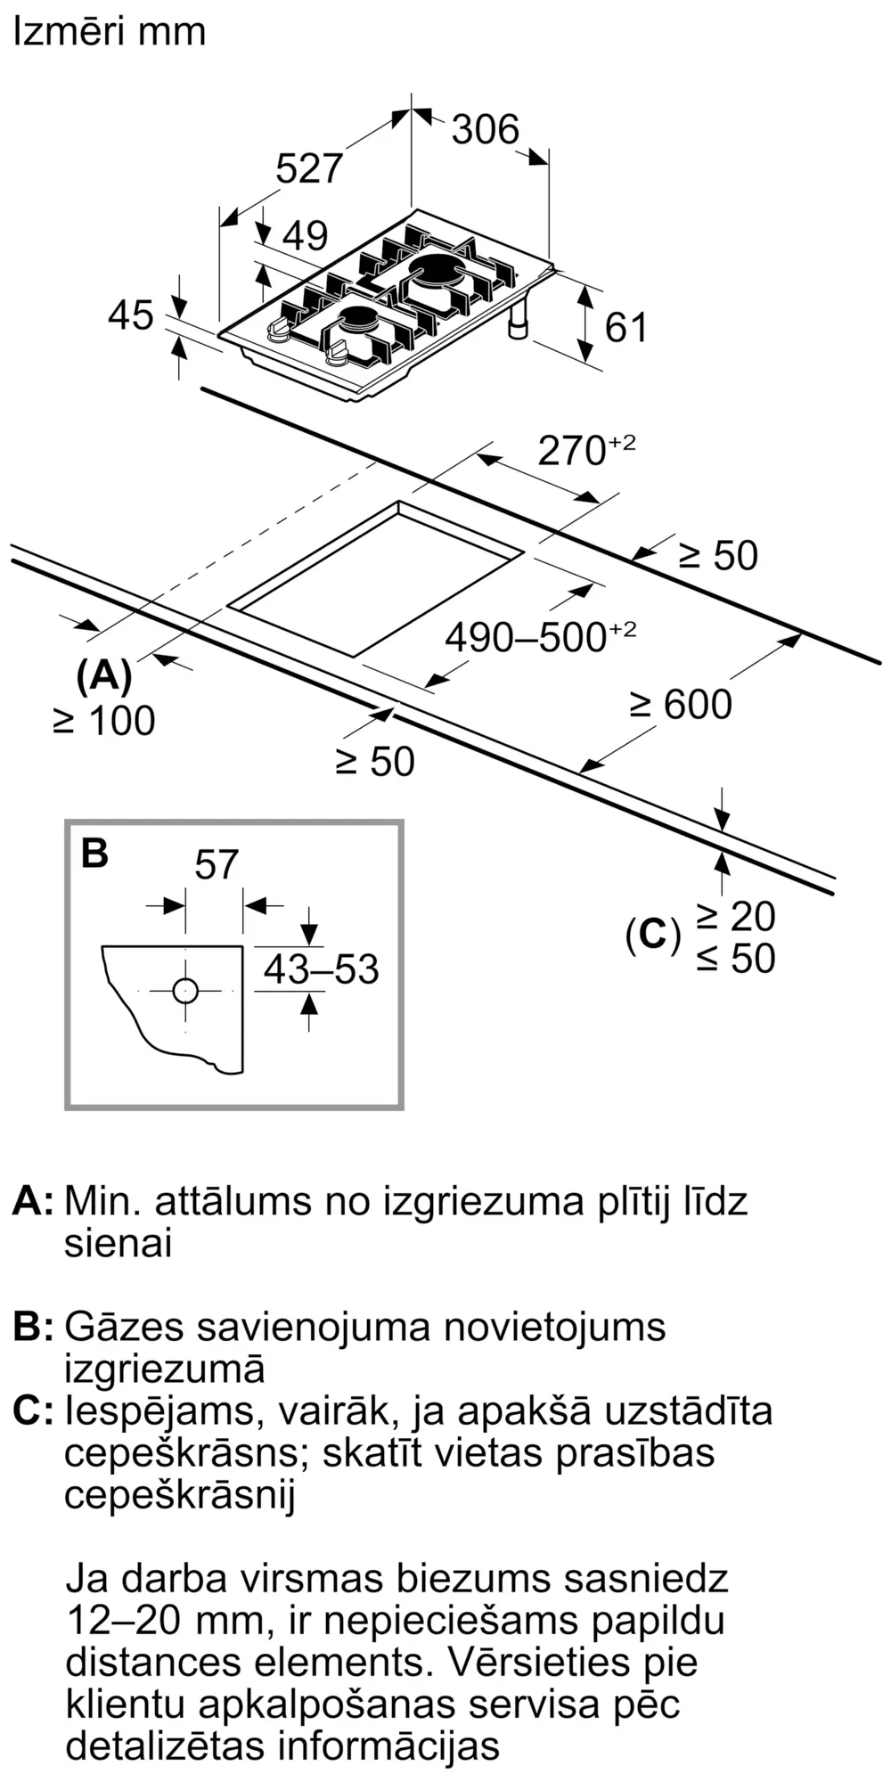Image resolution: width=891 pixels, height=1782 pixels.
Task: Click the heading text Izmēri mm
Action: [x=110, y=32]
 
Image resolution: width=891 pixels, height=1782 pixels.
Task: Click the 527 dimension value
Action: [x=308, y=168]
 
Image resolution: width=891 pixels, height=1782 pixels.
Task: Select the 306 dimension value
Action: [x=485, y=130]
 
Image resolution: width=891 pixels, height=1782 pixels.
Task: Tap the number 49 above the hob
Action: [x=305, y=236]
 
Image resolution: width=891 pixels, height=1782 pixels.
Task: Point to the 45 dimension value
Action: [x=131, y=315]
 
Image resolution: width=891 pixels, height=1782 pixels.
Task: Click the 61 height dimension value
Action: [x=625, y=328]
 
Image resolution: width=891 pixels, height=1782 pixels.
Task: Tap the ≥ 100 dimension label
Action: [x=104, y=721]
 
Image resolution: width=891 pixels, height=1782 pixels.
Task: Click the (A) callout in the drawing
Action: [x=104, y=677]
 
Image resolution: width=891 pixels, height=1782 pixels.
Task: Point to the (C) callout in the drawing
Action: [x=652, y=936]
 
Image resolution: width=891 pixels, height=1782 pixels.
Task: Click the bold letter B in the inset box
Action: [x=94, y=854]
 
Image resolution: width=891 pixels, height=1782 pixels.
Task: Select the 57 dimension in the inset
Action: [x=216, y=865]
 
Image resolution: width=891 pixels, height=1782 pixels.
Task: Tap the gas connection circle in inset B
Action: [x=184, y=991]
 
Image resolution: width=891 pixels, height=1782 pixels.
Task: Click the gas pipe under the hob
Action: [x=517, y=322]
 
